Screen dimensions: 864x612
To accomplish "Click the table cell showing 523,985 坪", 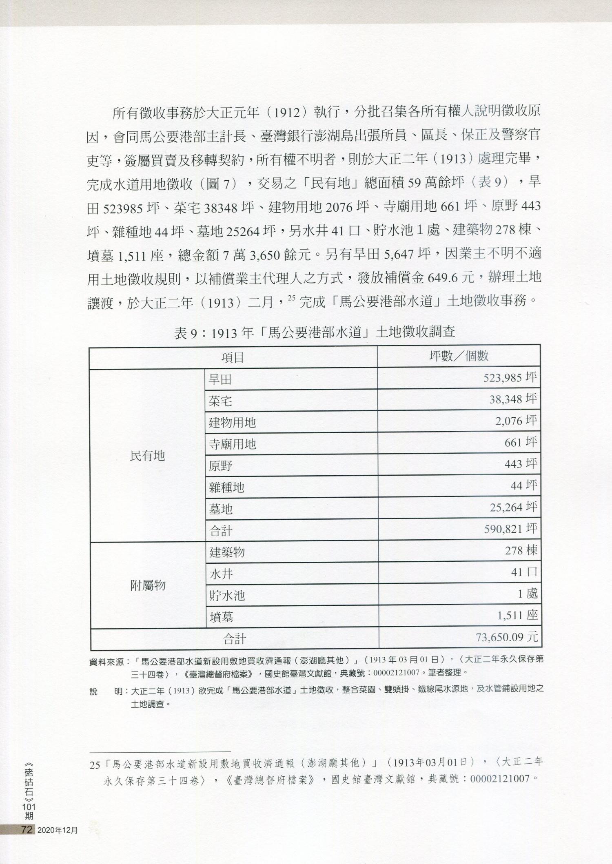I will click(x=510, y=378).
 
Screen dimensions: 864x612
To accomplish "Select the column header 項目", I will click(x=233, y=358).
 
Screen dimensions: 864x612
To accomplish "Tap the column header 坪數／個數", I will click(x=459, y=356).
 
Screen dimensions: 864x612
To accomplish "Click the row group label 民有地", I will click(x=147, y=456).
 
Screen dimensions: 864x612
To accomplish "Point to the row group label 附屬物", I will click(x=148, y=586).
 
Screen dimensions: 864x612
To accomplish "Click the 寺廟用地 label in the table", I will click(x=232, y=444).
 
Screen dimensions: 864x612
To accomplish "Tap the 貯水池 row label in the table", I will click(x=227, y=596).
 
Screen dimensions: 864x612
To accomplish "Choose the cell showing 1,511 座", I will click(x=517, y=615).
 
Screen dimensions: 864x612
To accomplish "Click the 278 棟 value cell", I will click(x=521, y=551).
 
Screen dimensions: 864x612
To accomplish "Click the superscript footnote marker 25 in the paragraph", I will click(x=291, y=299).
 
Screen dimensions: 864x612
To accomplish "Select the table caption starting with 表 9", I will click(x=315, y=332).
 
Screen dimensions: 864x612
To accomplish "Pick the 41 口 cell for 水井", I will click(x=524, y=572).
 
